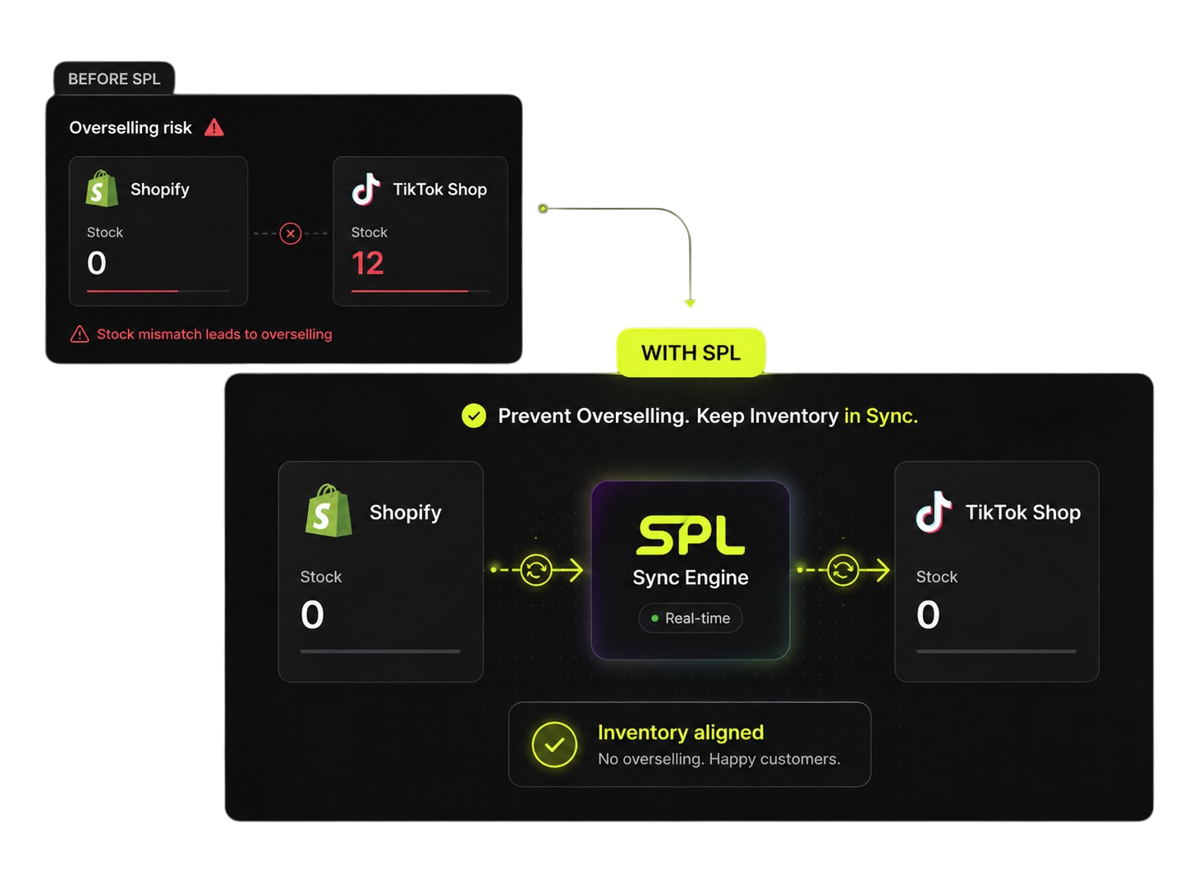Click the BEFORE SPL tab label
click(x=114, y=79)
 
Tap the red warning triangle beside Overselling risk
click(x=214, y=128)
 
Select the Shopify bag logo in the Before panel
click(x=102, y=188)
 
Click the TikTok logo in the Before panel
click(x=365, y=189)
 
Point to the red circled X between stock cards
click(x=291, y=233)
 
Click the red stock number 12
click(x=368, y=263)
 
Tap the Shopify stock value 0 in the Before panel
click(x=96, y=263)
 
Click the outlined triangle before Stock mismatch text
click(x=80, y=334)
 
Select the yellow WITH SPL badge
click(x=691, y=352)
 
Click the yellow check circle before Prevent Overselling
click(x=474, y=416)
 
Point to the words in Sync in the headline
click(x=881, y=416)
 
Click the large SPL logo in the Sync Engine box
click(x=691, y=535)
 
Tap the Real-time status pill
click(x=690, y=618)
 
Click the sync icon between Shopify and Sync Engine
click(x=535, y=570)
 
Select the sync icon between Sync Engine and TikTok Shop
click(x=842, y=570)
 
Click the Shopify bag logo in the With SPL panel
click(x=328, y=511)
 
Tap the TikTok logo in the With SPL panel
click(x=934, y=512)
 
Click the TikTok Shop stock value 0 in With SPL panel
click(x=928, y=614)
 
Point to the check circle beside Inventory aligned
click(x=554, y=745)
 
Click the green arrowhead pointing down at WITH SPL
click(x=690, y=303)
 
